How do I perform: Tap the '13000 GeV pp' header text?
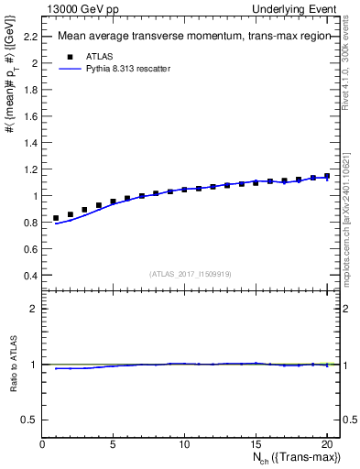(77, 8)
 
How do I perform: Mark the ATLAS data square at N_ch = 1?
(56, 218)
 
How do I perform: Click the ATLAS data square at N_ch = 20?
(327, 176)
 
